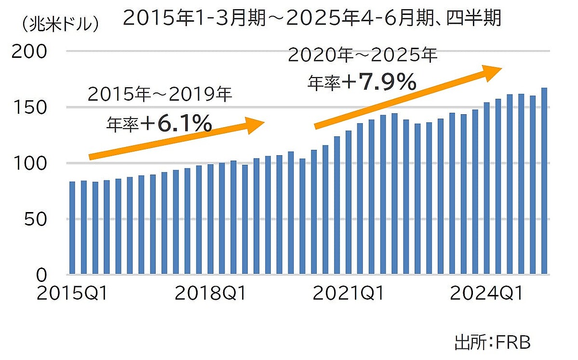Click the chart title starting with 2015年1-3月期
(x=312, y=18)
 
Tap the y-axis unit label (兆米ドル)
(x=60, y=24)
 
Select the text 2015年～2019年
(x=160, y=94)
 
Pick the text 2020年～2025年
(x=363, y=55)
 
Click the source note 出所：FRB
(x=492, y=343)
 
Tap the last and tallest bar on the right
(x=544, y=181)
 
